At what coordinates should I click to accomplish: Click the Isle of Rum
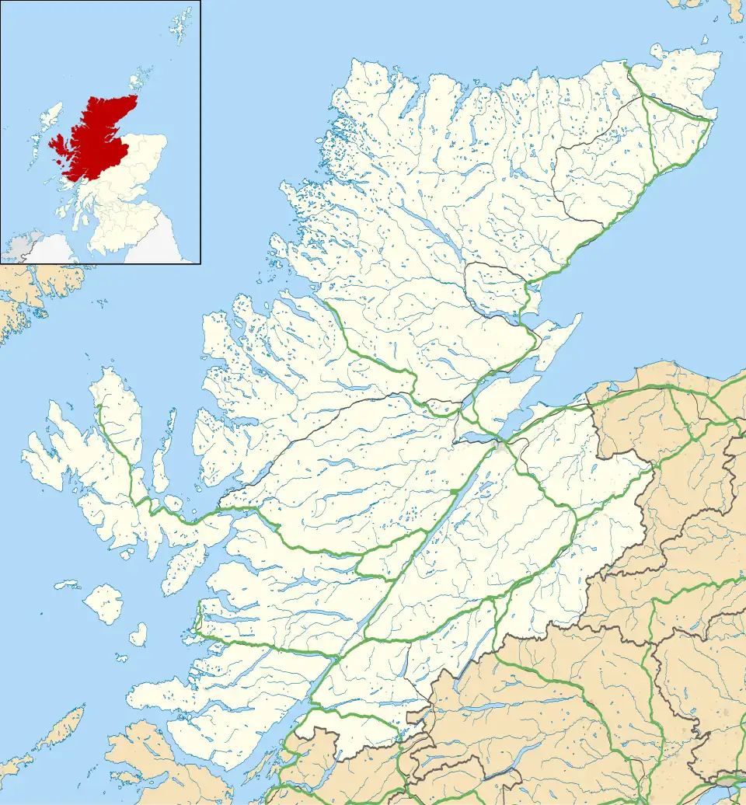coord(103,604)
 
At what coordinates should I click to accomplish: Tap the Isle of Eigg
coord(138,635)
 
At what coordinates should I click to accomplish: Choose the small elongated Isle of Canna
coord(67,584)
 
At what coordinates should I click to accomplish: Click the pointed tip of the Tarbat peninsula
coord(580,318)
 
